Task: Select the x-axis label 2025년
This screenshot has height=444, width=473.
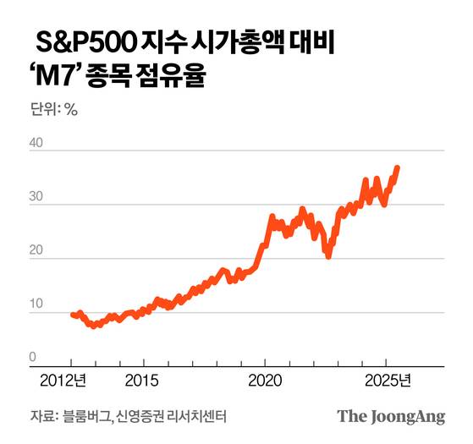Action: pyautogui.click(x=388, y=379)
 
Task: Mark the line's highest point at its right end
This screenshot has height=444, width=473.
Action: pyautogui.click(x=398, y=167)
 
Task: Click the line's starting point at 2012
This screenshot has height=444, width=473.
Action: pyautogui.click(x=73, y=314)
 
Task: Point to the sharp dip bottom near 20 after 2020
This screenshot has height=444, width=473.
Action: pyautogui.click(x=327, y=255)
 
